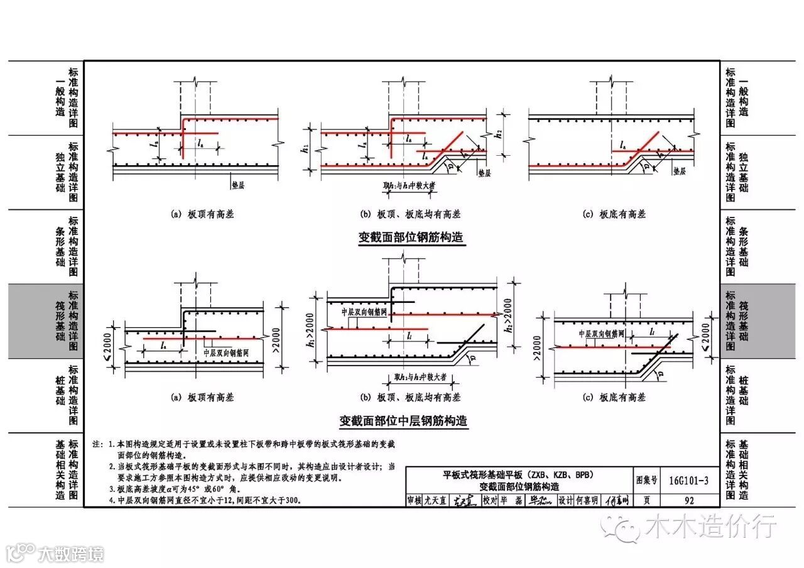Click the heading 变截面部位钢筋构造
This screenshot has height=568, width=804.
pyautogui.click(x=415, y=238)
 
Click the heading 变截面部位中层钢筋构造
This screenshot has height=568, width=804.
pyautogui.click(x=404, y=420)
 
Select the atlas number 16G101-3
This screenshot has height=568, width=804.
pyautogui.click(x=688, y=481)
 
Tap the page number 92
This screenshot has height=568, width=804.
pyautogui.click(x=689, y=501)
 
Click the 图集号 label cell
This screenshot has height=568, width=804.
pyautogui.click(x=646, y=481)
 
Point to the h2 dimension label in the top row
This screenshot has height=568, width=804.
pyautogui.click(x=499, y=134)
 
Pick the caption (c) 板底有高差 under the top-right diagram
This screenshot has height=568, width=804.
pyautogui.click(x=614, y=214)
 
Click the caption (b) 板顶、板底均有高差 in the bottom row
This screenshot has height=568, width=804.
pyautogui.click(x=410, y=397)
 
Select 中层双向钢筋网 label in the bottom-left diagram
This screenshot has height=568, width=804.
pyautogui.click(x=227, y=353)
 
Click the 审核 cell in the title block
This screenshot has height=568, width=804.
pyautogui.click(x=415, y=501)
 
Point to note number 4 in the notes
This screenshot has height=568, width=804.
pyautogui.click(x=111, y=501)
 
